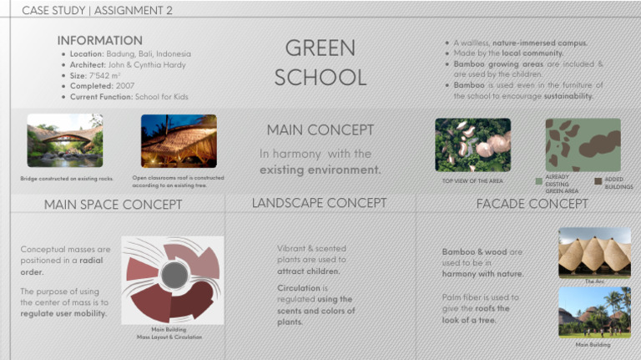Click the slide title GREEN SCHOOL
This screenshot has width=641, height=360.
pyautogui.click(x=320, y=62)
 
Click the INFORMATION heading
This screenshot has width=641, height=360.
pyautogui.click(x=99, y=40)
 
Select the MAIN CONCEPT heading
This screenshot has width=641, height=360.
pyautogui.click(x=320, y=130)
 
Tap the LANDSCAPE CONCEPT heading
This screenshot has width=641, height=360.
pyautogui.click(x=319, y=203)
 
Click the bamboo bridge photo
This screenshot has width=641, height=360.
pyautogui.click(x=64, y=140)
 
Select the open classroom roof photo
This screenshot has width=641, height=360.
pyautogui.click(x=179, y=140)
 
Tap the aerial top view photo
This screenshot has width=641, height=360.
pyautogui.click(x=472, y=145)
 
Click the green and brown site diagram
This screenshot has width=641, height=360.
pyautogui.click(x=583, y=145)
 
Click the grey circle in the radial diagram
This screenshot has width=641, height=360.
pyautogui.click(x=174, y=274)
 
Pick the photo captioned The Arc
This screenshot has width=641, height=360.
pyautogui.click(x=594, y=252)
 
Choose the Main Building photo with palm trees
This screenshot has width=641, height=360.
pyautogui.click(x=594, y=312)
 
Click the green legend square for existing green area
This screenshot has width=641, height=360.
pyautogui.click(x=538, y=181)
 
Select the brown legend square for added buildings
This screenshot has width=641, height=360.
pyautogui.click(x=598, y=180)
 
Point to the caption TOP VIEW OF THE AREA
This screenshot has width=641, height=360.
pyautogui.click(x=472, y=181)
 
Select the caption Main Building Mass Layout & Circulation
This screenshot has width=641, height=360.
pyautogui.click(x=170, y=333)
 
